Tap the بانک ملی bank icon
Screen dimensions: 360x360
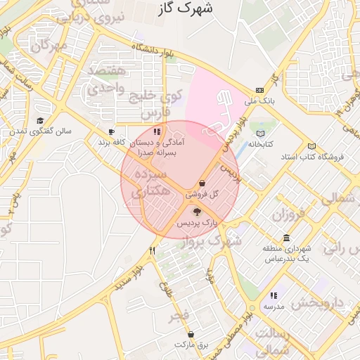260,90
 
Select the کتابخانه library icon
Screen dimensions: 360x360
262,132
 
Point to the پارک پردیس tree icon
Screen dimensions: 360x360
197,210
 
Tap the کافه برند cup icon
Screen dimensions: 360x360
111,131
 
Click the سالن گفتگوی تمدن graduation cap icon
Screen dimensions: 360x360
40,120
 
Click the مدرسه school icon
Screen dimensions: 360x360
274,295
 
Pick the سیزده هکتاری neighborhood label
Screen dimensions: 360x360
150,181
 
